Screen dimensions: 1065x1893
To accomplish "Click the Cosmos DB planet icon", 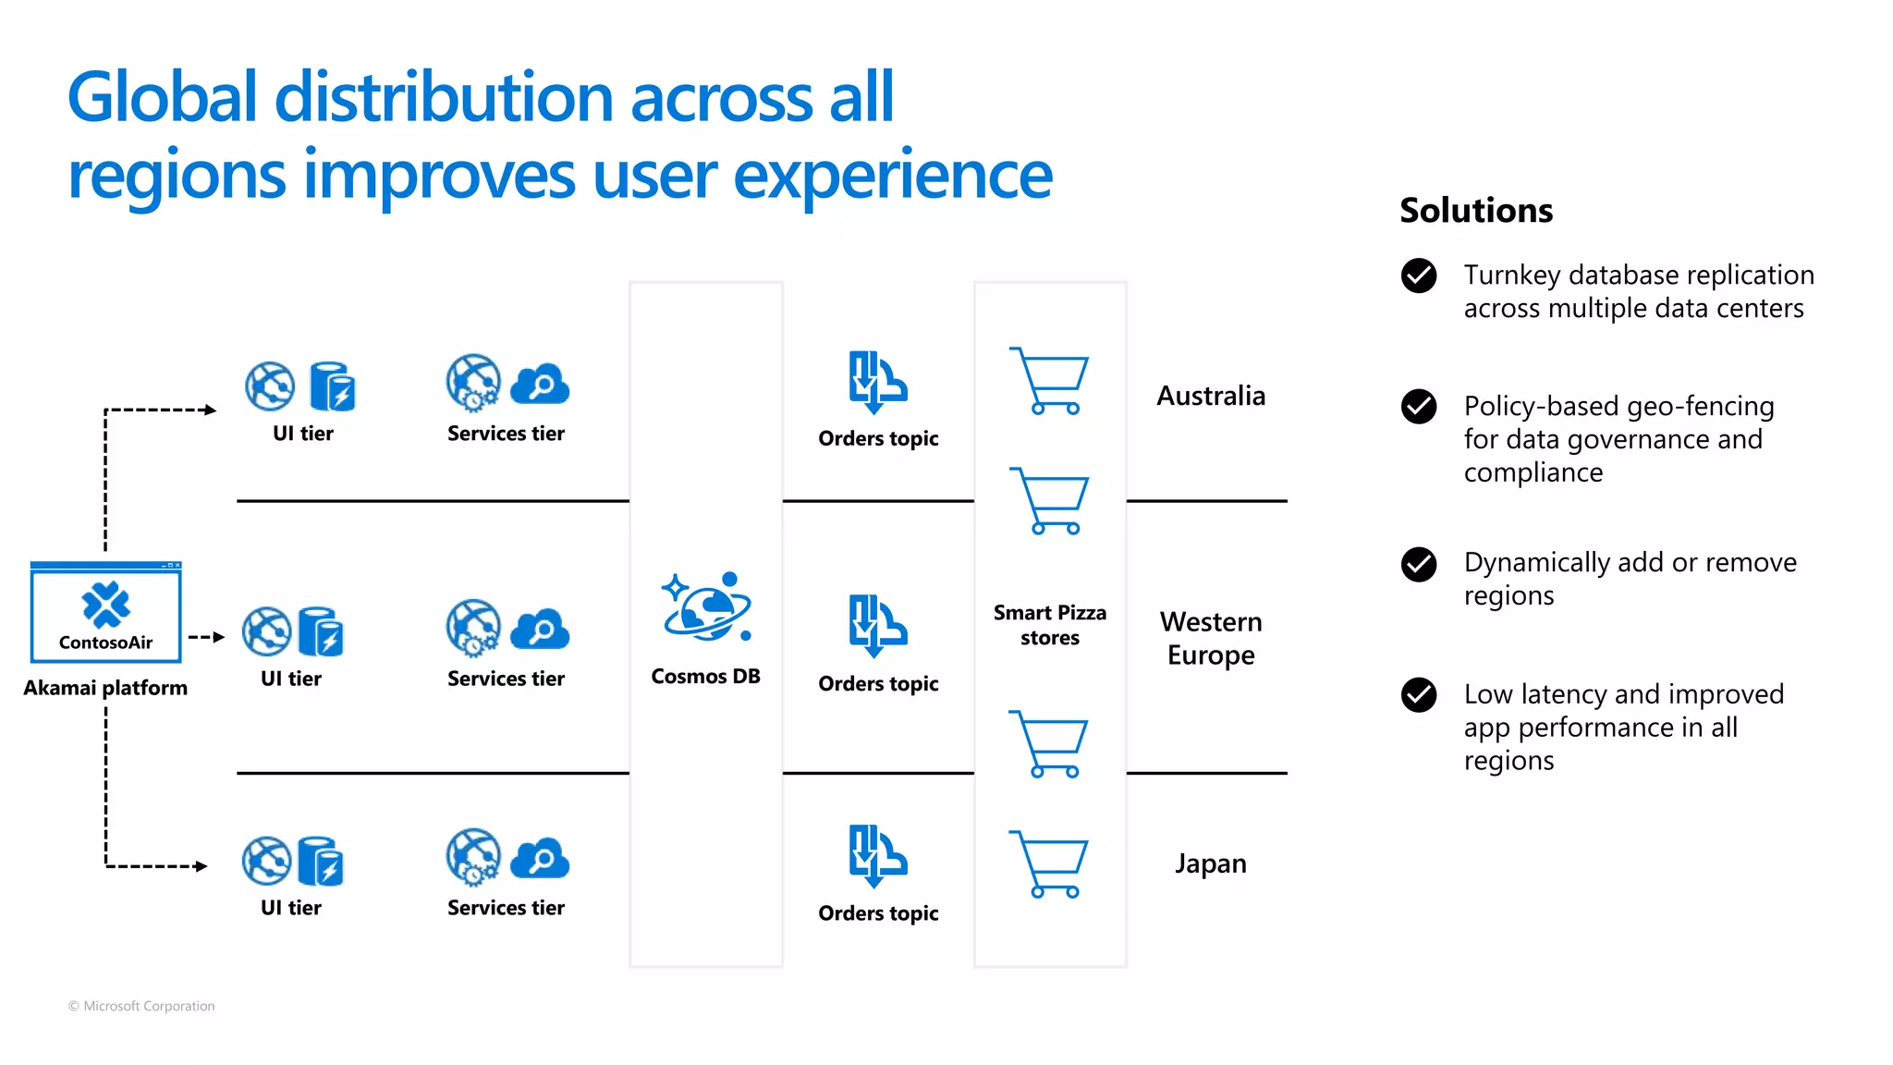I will tap(706, 606).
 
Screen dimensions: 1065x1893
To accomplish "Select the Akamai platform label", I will tap(105, 688).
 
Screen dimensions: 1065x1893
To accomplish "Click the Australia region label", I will tap(1210, 396).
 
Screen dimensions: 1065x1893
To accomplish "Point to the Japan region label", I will tap(1210, 863).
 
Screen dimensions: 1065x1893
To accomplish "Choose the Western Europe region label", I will tap(1210, 638).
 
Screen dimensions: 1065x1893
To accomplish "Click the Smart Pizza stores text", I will tap(1049, 625).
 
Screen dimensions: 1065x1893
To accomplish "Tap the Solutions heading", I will tap(1475, 211).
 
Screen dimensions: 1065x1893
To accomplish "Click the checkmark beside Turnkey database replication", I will tap(1418, 275).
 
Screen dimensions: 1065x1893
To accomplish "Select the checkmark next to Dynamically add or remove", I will tap(1418, 564).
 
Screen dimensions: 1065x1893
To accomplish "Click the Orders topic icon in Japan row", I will tap(877, 855).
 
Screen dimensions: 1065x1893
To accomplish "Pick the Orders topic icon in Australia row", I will tap(877, 381).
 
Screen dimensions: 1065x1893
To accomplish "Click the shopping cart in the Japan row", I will tap(1051, 864).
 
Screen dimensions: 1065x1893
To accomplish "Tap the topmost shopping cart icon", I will tap(1051, 381).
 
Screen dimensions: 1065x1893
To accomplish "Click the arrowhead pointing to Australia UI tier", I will tap(211, 410).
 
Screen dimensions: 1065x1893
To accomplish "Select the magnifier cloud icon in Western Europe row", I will tap(540, 630).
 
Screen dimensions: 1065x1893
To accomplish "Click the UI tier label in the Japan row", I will tap(290, 908).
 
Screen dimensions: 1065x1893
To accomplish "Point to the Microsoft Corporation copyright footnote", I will tap(141, 1006).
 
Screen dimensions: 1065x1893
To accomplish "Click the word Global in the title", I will tap(162, 98).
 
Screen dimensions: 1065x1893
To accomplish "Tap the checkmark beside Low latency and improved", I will tap(1418, 695).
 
